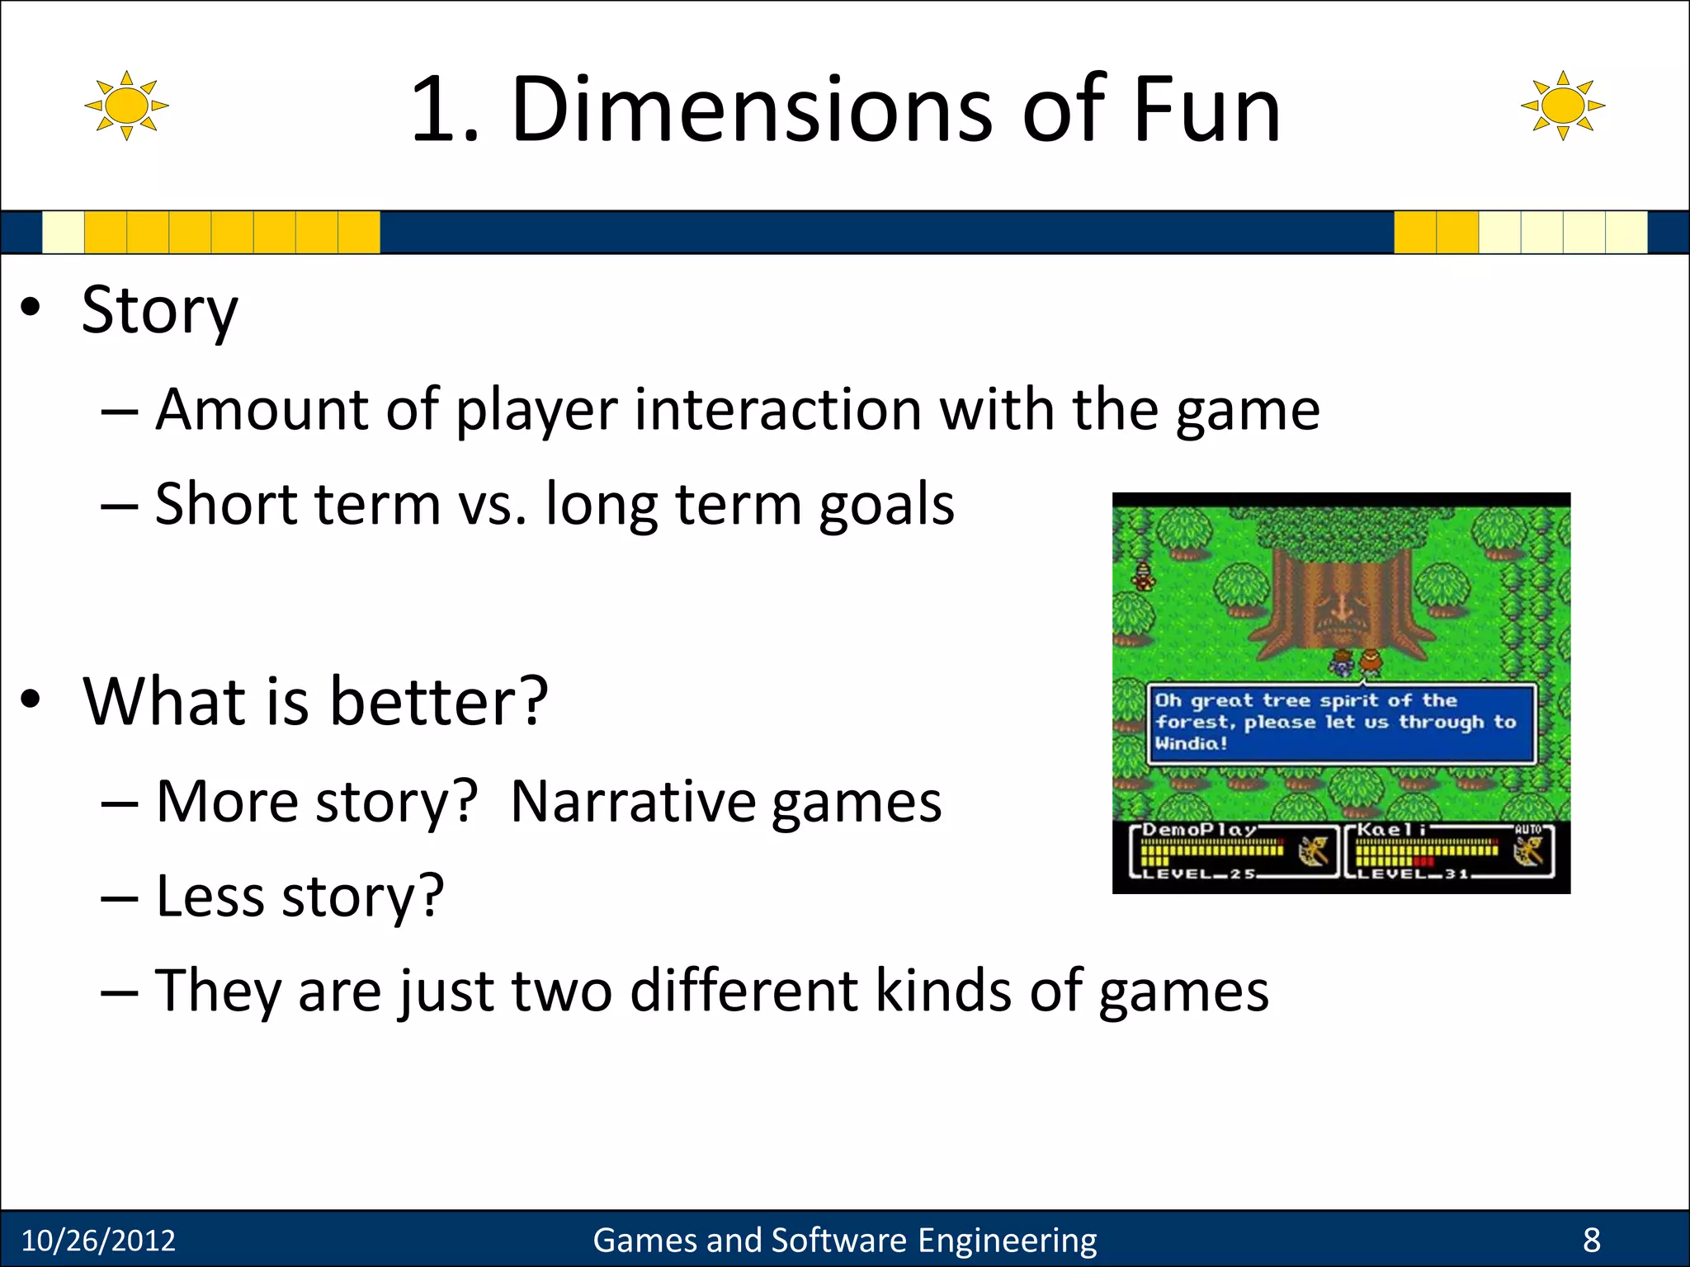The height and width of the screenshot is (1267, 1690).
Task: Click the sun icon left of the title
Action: [x=126, y=106]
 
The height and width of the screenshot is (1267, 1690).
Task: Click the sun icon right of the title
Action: [x=1562, y=106]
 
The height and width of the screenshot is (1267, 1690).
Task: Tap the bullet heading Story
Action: [x=159, y=311]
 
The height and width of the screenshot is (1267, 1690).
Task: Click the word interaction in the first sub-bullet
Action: [x=777, y=410]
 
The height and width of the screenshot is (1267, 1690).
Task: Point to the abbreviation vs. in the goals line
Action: [x=493, y=504]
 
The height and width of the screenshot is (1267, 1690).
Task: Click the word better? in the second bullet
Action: [x=439, y=701]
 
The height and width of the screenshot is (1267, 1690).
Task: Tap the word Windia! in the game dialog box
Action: [x=1191, y=743]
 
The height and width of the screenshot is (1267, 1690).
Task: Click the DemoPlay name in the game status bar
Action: [x=1199, y=829]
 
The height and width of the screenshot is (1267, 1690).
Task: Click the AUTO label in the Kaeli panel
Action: [x=1527, y=829]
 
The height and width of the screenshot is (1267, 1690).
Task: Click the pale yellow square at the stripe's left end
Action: [x=63, y=232]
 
